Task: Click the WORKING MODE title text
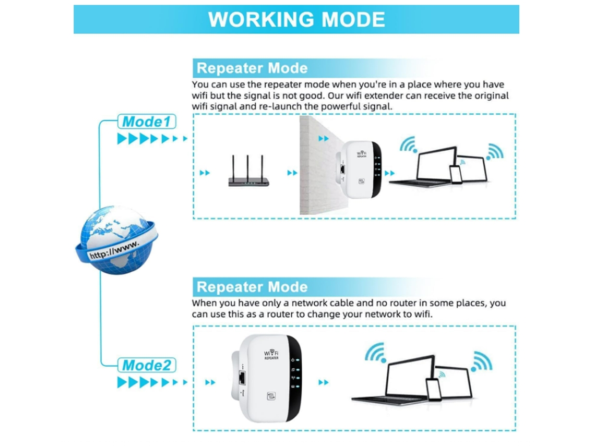[296, 19]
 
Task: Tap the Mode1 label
[147, 122]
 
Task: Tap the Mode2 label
[147, 365]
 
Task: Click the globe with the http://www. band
[116, 239]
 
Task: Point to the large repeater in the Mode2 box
[267, 378]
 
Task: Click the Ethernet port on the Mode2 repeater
[242, 378]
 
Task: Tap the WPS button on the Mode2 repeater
[271, 396]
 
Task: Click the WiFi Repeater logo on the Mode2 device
[271, 355]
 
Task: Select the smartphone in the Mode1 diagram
[455, 174]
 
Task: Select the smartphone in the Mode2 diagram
[434, 390]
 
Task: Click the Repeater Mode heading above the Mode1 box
[252, 68]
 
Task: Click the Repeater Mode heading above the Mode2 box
[252, 287]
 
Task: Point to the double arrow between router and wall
[292, 173]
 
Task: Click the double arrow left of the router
[205, 173]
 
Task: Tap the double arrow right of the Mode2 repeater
[323, 382]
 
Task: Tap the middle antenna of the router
[248, 167]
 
